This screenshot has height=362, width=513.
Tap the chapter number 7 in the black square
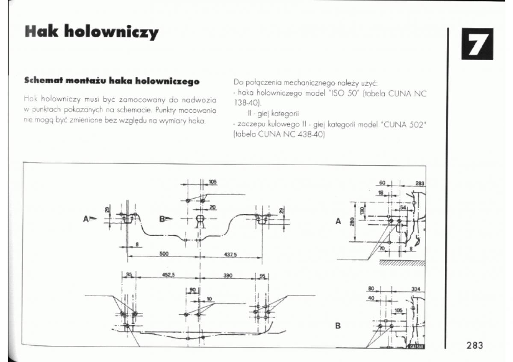point(477,44)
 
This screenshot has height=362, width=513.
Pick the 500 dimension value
point(164,254)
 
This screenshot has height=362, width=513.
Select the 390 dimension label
point(227,275)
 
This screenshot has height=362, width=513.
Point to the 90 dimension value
point(192,289)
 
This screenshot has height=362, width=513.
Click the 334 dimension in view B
point(416,289)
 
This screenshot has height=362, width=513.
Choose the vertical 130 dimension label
point(362,210)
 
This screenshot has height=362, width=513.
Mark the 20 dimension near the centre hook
point(212,207)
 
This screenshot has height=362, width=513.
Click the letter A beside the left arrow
point(86,219)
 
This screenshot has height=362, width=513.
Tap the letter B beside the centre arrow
point(162,219)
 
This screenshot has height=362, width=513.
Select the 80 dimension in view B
point(371,289)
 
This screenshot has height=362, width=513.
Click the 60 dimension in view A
point(382,183)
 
